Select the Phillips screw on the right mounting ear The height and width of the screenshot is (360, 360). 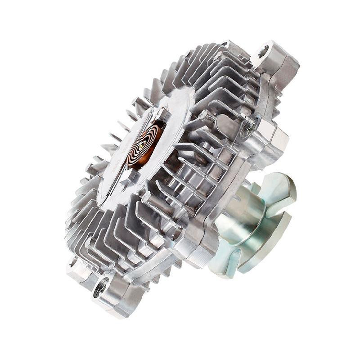click(248, 127)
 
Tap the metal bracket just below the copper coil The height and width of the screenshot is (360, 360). click(130, 173)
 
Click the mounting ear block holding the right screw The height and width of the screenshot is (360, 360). click(265, 135)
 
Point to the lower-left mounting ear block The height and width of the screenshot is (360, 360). click(76, 270)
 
